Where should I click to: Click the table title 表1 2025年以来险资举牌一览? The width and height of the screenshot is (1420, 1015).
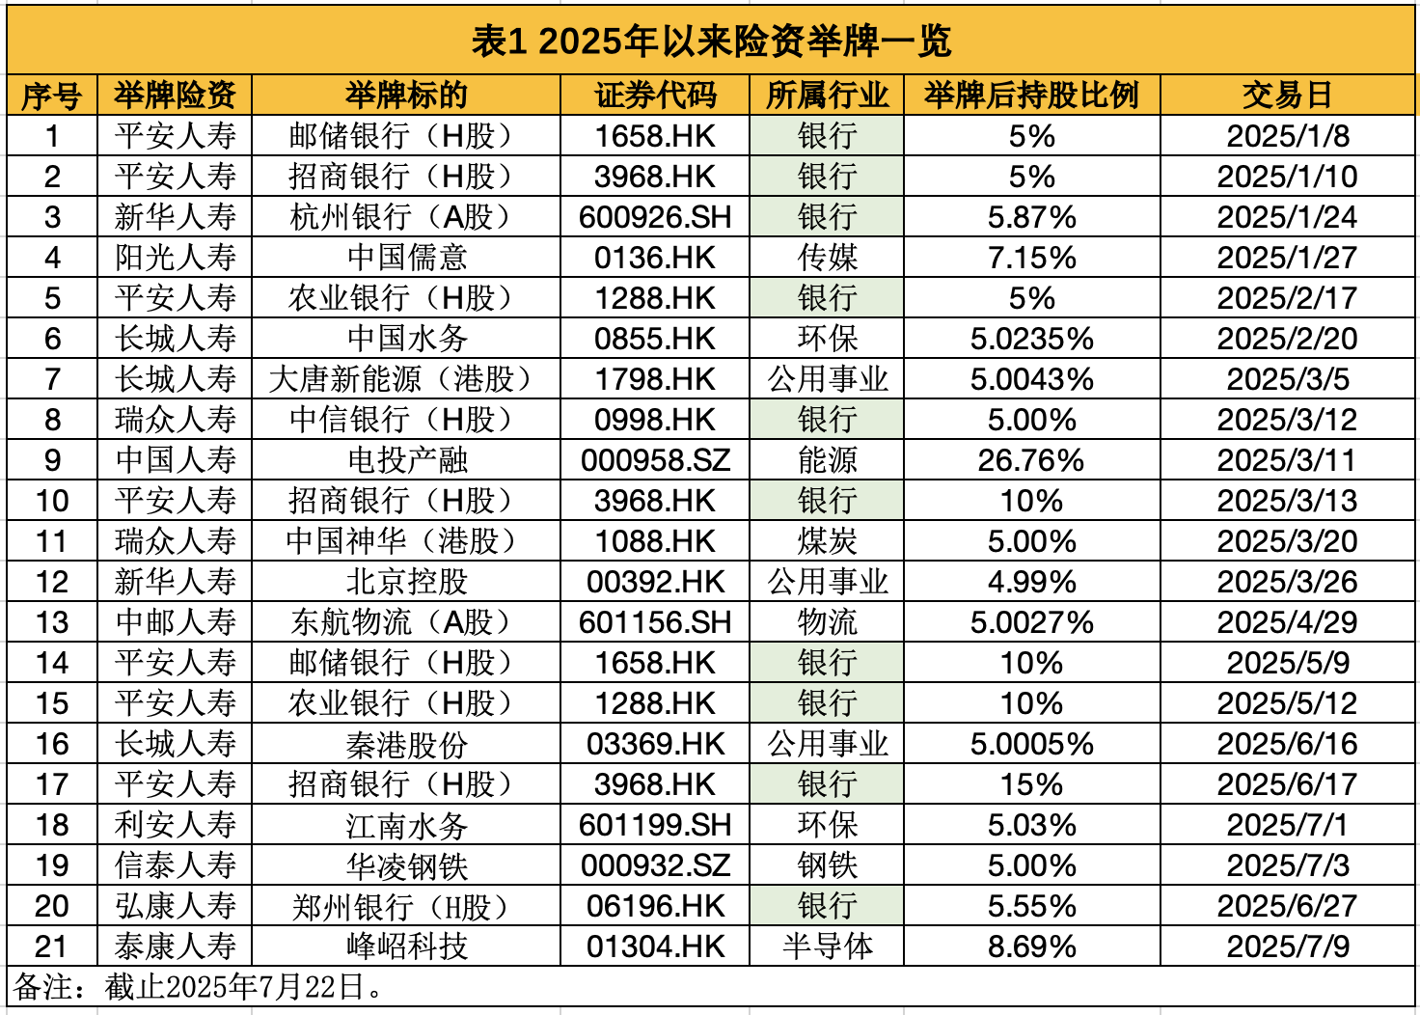[x=711, y=41]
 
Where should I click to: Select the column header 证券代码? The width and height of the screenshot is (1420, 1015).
[x=655, y=96]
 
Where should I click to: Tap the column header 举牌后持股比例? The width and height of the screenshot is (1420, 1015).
[x=1031, y=96]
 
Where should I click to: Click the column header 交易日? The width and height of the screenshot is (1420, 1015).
[x=1287, y=96]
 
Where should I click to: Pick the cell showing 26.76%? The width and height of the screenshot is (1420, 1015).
[x=1031, y=460]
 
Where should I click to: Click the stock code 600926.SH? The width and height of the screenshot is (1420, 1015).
[x=655, y=217]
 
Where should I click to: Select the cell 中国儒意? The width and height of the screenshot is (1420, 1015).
[x=406, y=258]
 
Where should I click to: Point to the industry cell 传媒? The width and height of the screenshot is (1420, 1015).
[x=827, y=258]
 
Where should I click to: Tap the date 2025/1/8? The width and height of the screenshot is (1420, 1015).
[x=1287, y=136]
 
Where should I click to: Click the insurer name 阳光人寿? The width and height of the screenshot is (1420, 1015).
[x=175, y=258]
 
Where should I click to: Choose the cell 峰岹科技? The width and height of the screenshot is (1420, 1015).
[x=406, y=946]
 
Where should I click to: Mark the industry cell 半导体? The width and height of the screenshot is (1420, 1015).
[x=827, y=946]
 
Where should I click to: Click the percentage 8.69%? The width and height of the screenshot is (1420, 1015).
[x=1031, y=946]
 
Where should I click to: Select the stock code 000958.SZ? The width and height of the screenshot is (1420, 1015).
[x=655, y=460]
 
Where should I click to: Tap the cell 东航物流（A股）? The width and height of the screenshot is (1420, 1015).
[x=406, y=622]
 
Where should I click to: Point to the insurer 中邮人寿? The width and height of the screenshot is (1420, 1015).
[x=175, y=622]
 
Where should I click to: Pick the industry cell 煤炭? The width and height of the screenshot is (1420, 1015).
[x=827, y=541]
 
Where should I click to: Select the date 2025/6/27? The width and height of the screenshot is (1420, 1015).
[x=1287, y=906]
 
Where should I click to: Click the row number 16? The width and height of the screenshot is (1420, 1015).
[x=52, y=744]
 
